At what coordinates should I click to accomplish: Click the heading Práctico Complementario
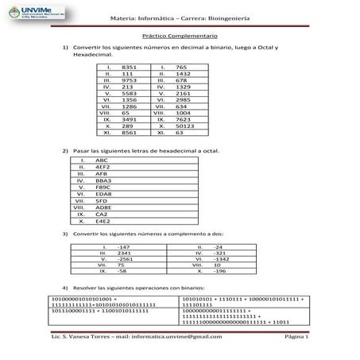pyautogui.click(x=179, y=37)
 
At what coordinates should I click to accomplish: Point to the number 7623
pyautogui.click(x=182, y=118)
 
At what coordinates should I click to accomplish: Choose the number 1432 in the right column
pyautogui.click(x=182, y=74)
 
